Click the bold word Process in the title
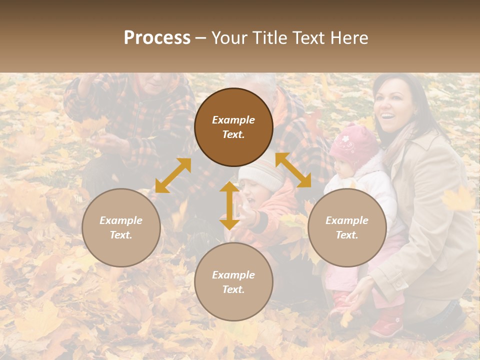pyautogui.click(x=157, y=38)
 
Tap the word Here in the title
pyautogui.click(x=347, y=38)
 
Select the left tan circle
pyautogui.click(x=121, y=227)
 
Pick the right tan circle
pyautogui.click(x=347, y=227)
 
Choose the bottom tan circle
pyautogui.click(x=233, y=281)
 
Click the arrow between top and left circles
pyautogui.click(x=173, y=175)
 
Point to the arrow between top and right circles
pyautogui.click(x=293, y=170)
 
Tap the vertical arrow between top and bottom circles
pyautogui.click(x=229, y=205)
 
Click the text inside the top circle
pyautogui.click(x=233, y=127)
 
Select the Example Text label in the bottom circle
pyautogui.click(x=233, y=282)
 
